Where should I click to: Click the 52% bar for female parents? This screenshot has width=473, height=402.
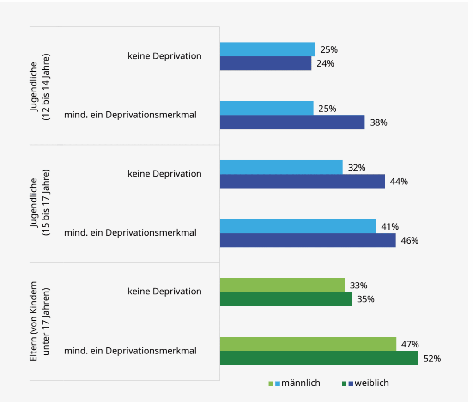tap(319, 358)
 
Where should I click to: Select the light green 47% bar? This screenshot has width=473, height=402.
tap(308, 344)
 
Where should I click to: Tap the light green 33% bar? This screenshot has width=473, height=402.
tap(282, 285)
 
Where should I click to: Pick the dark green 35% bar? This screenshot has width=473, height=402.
tap(285, 299)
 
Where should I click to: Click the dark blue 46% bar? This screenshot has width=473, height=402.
tap(308, 240)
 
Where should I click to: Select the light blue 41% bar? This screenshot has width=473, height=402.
tap(297, 226)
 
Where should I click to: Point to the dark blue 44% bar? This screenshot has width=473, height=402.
tap(302, 181)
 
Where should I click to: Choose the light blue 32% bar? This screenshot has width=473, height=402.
tap(281, 167)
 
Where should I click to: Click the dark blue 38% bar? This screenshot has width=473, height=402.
tap(292, 122)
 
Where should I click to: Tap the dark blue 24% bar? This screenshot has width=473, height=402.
tap(266, 63)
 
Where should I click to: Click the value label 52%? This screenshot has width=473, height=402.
tap(432, 359)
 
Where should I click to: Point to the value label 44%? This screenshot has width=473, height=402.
tap(398, 182)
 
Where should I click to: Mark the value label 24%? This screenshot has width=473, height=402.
tap(325, 64)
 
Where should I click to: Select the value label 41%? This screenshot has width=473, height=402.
tap(389, 226)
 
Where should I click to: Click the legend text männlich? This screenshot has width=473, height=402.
tap(301, 383)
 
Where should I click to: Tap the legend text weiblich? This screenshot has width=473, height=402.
tap(372, 383)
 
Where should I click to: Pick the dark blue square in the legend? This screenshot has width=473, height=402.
tap(351, 384)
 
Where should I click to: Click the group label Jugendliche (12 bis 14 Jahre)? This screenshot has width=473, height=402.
tap(40, 86)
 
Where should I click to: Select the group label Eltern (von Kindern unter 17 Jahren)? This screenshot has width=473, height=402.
tap(40, 323)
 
